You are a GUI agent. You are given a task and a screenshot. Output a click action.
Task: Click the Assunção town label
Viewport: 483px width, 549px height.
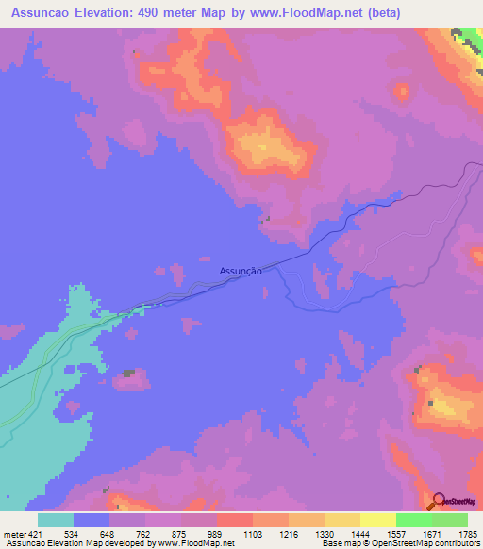[240, 270]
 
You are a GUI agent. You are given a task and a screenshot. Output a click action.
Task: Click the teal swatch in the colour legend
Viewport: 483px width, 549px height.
[56, 519]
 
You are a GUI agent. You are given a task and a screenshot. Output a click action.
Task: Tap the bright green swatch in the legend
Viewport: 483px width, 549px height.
[414, 519]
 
